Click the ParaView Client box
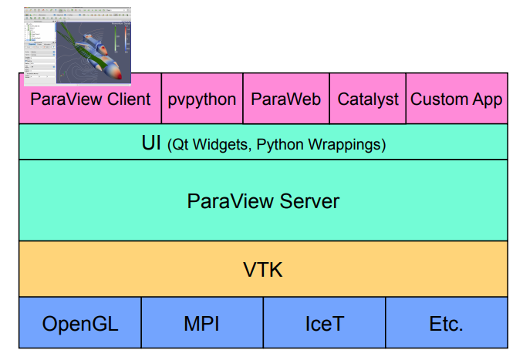tap(90, 99)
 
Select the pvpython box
tap(202, 99)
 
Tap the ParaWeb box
tap(285, 99)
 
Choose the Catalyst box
tap(368, 99)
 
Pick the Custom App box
tap(456, 99)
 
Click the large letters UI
tap(151, 143)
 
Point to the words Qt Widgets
tap(212, 144)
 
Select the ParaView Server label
tap(263, 201)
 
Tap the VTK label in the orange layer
tap(263, 269)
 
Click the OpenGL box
tap(80, 324)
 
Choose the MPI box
tap(202, 324)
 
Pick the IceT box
tap(324, 324)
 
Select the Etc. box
tap(446, 324)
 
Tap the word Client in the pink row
tap(125, 99)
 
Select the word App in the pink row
tap(487, 99)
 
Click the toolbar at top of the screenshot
tap(76, 15)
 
